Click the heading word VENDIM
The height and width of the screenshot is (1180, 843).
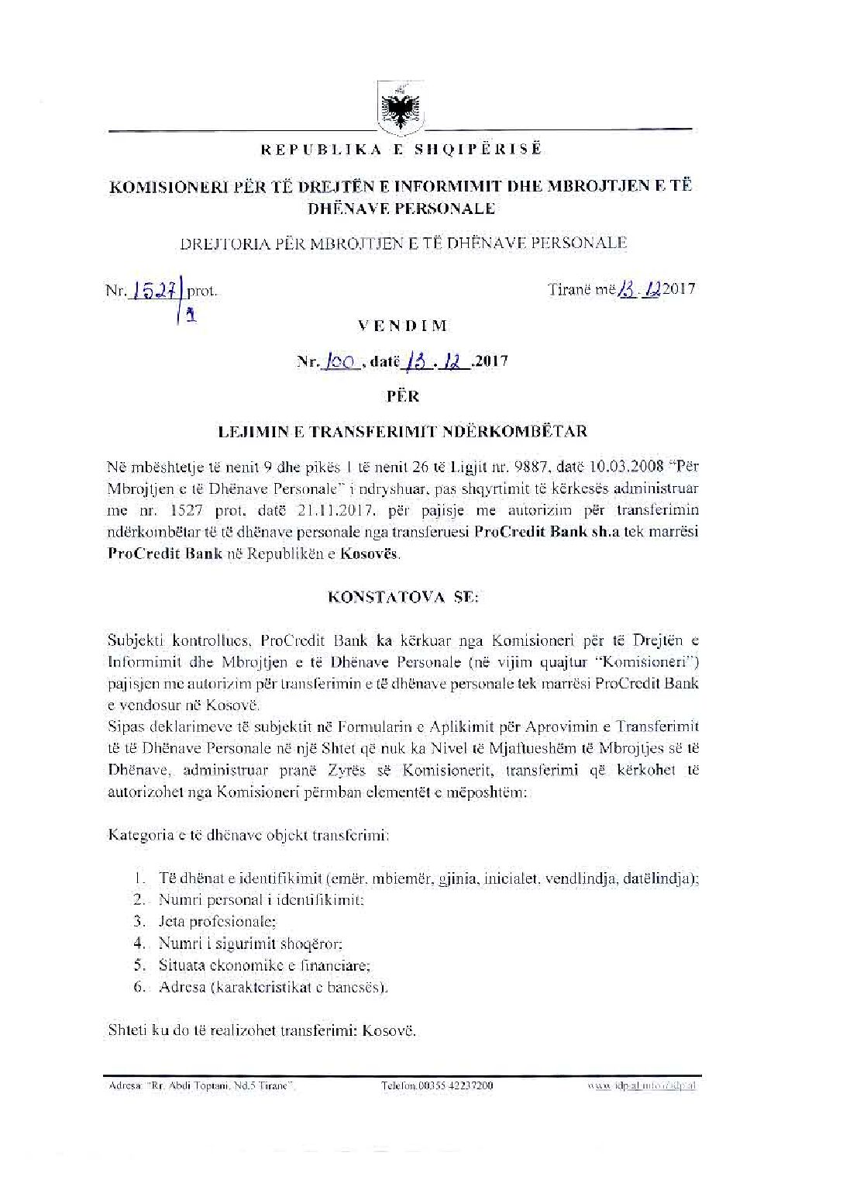pos(402,326)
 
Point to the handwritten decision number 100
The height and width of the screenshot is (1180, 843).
pos(339,361)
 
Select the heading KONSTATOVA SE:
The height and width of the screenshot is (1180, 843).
pos(404,597)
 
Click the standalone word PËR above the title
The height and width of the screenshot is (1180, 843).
pos(403,395)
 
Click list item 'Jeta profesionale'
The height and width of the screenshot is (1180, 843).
pos(216,922)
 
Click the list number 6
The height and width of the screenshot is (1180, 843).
pos(139,987)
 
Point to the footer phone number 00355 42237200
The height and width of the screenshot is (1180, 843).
pos(437,1085)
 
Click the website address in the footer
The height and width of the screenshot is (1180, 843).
pos(642,1085)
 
